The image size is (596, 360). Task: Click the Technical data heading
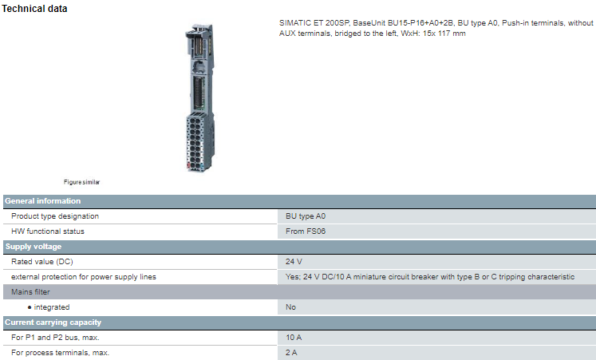[x=35, y=9]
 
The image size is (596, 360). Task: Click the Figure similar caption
[x=82, y=182]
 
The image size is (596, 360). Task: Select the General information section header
[x=43, y=201]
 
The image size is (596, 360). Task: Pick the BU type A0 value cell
[x=306, y=216]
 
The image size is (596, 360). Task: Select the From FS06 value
[x=306, y=231]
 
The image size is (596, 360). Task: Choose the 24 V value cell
[x=294, y=262]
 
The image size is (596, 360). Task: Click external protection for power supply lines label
[x=84, y=277]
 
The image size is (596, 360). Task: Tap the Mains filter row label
[x=30, y=292]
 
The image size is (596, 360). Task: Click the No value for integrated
[x=291, y=307]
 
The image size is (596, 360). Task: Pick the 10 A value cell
[x=294, y=338]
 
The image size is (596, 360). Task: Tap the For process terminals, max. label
[x=61, y=353]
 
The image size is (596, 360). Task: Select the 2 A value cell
[x=291, y=353]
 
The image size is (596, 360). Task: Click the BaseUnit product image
[x=196, y=96]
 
